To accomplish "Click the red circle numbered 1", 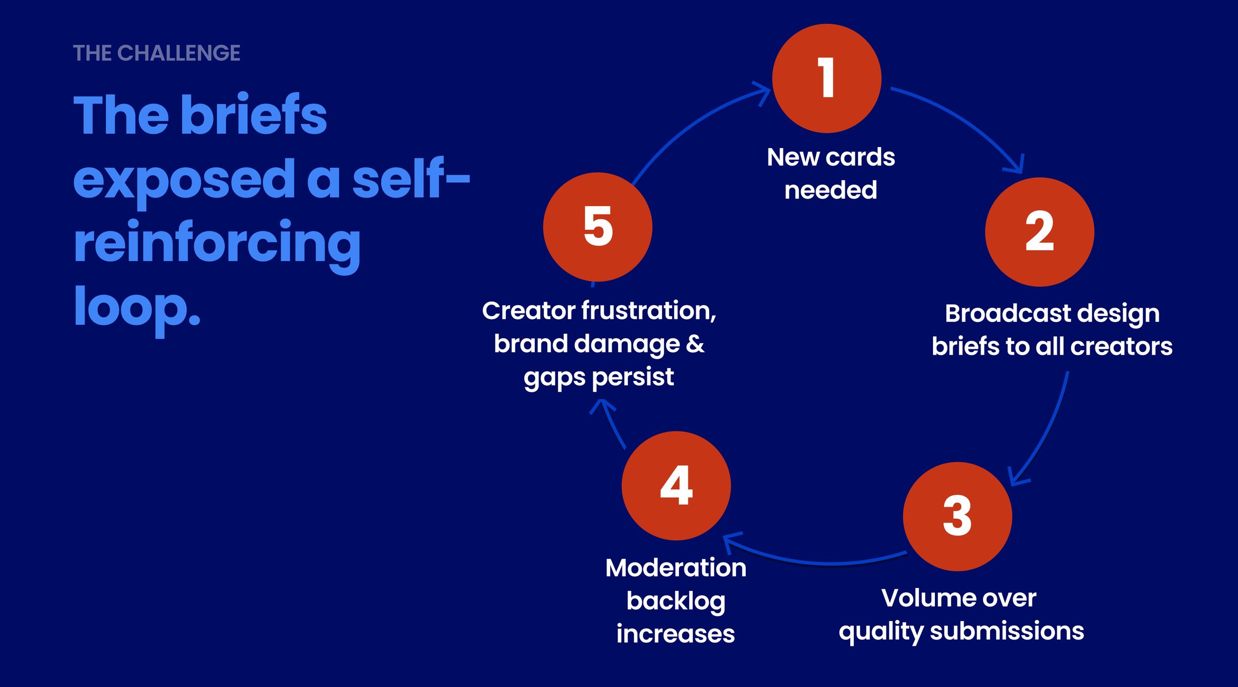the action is (x=826, y=78).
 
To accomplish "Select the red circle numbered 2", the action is (x=1039, y=232).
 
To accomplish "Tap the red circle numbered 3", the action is (x=957, y=516).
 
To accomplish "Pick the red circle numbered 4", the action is (x=676, y=485).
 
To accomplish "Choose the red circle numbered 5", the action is (x=598, y=227).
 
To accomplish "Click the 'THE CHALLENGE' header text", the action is (x=156, y=53).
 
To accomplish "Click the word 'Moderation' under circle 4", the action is (x=675, y=568).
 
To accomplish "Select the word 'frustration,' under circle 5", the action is (x=649, y=311).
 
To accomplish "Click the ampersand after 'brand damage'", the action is (x=695, y=343).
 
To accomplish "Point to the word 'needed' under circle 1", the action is (x=830, y=190).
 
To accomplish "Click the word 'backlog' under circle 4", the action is (x=675, y=601).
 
